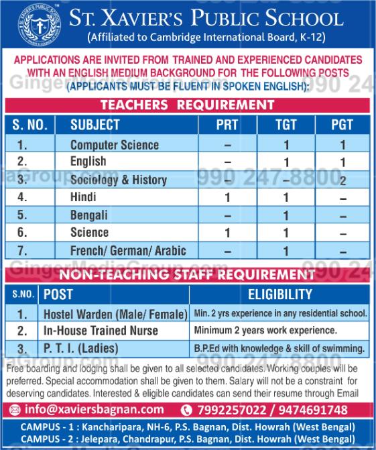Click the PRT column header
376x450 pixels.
pyautogui.click(x=227, y=125)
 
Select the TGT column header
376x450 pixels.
pyautogui.click(x=286, y=125)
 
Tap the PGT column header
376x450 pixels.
pyautogui.click(x=342, y=125)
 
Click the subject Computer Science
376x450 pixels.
pyautogui.click(x=115, y=145)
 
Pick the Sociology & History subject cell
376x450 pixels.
pyautogui.click(x=119, y=180)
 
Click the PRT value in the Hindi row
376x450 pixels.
pyautogui.click(x=227, y=198)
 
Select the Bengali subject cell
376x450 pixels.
pyautogui.click(x=89, y=215)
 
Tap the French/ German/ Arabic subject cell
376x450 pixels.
pyautogui.click(x=129, y=251)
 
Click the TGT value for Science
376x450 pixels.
pyautogui.click(x=286, y=233)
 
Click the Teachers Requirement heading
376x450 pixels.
pyautogui.click(x=188, y=105)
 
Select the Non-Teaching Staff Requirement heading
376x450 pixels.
pyautogui.click(x=188, y=274)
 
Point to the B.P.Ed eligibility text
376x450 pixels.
pyautogui.click(x=279, y=348)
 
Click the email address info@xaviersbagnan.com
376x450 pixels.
pyautogui.click(x=87, y=409)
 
